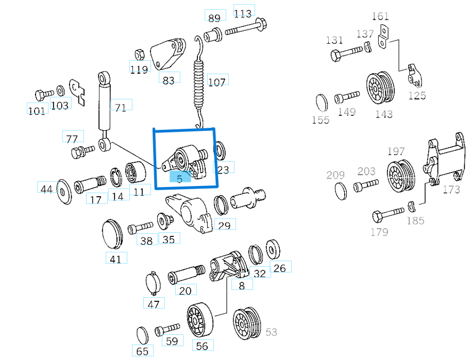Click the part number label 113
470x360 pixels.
(243, 13)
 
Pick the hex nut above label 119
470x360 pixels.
(139, 55)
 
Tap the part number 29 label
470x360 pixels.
(224, 225)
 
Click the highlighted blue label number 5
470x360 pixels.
(180, 178)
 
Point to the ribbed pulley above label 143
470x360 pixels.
(381, 88)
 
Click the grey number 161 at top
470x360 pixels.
(380, 16)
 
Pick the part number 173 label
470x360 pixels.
(451, 190)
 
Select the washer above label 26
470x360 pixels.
(273, 249)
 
